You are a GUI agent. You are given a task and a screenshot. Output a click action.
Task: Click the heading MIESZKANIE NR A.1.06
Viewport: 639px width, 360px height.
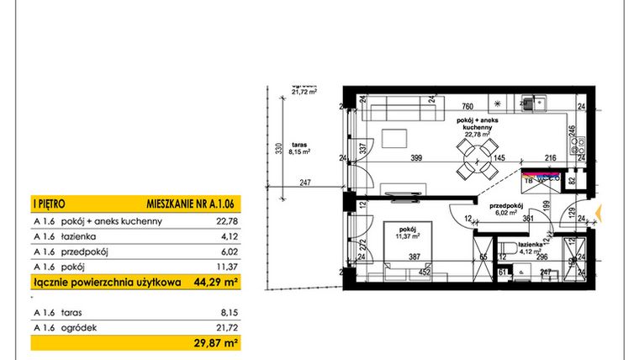coord(186,203)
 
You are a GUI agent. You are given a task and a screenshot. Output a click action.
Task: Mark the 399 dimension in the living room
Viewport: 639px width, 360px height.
coord(417,157)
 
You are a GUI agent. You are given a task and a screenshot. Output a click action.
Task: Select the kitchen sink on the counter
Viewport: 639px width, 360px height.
coord(531,104)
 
